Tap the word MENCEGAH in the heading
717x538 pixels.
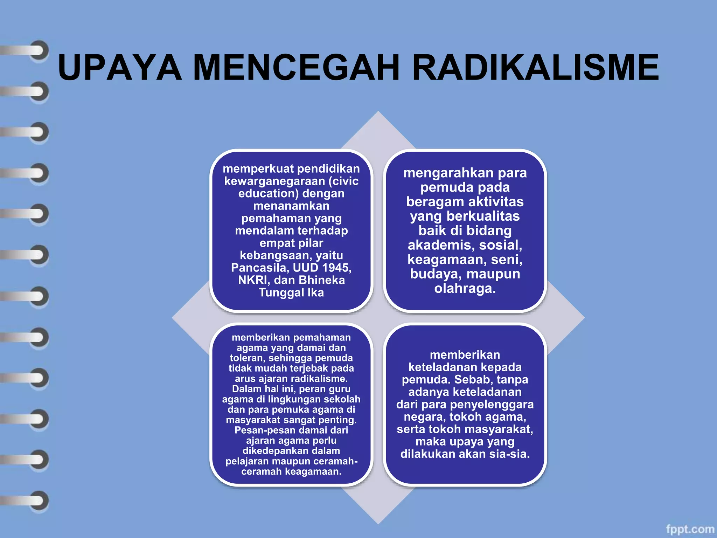[296, 68]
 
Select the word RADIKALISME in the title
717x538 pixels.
[535, 68]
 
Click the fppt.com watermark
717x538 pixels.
[690, 529]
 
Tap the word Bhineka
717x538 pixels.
[322, 280]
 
